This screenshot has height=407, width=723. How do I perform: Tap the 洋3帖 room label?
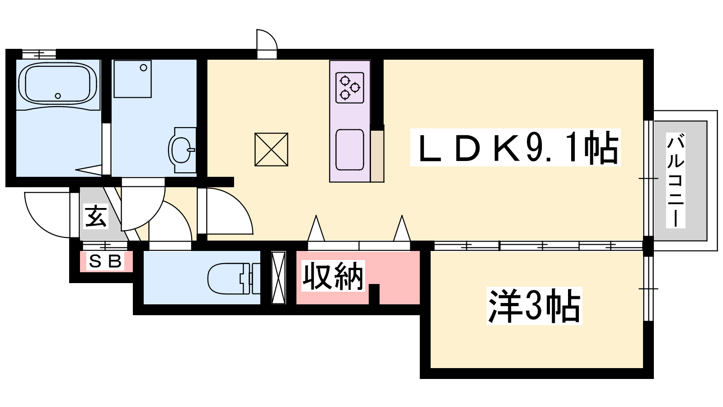click(534, 306)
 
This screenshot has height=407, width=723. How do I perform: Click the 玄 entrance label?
click(96, 217)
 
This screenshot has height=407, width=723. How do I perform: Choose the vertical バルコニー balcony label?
click(676, 181)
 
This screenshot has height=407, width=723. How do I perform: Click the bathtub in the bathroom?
click(57, 83)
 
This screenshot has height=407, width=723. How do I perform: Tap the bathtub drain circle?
click(58, 95)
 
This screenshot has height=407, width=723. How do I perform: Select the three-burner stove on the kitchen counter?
click(350, 88)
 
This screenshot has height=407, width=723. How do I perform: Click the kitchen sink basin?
click(350, 150)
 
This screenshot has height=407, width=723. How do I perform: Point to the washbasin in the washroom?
click(182, 150)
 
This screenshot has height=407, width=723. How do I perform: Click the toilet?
click(233, 279)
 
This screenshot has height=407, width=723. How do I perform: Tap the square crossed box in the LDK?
click(271, 149)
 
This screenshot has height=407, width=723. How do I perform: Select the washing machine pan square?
click(132, 79)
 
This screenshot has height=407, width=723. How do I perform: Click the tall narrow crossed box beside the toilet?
click(278, 278)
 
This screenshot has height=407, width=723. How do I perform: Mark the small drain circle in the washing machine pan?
click(144, 68)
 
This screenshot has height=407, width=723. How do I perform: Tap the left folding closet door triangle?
click(316, 228)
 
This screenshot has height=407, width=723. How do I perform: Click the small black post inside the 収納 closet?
click(374, 294)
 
